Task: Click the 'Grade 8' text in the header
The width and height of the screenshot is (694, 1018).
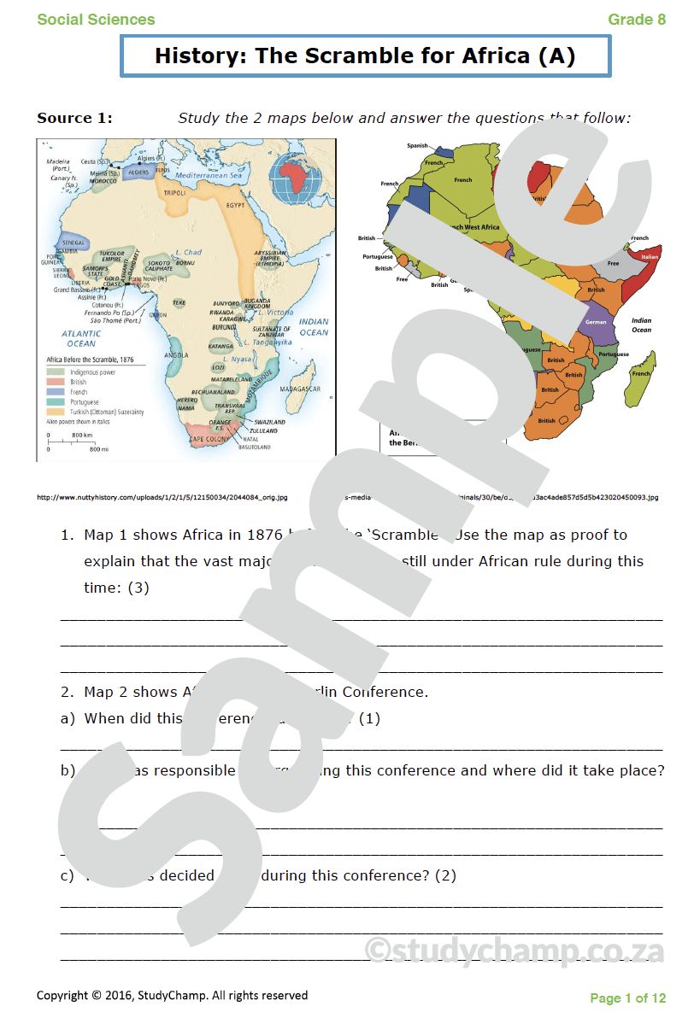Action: (637, 19)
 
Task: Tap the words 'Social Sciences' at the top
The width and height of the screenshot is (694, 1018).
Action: (96, 19)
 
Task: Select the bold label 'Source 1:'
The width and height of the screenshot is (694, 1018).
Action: (74, 118)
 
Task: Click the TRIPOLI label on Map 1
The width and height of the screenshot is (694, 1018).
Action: (173, 192)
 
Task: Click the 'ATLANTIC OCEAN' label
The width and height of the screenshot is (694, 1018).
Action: (81, 338)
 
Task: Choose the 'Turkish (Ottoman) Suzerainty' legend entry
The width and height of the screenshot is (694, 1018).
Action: (107, 412)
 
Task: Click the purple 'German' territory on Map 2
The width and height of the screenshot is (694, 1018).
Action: (597, 322)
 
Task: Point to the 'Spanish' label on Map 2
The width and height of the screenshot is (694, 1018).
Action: (417, 146)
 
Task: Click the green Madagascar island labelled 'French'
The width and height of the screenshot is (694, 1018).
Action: (640, 373)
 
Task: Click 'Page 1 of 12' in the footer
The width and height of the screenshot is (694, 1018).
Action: (627, 998)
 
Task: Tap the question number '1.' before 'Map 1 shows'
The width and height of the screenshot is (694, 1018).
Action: (67, 535)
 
